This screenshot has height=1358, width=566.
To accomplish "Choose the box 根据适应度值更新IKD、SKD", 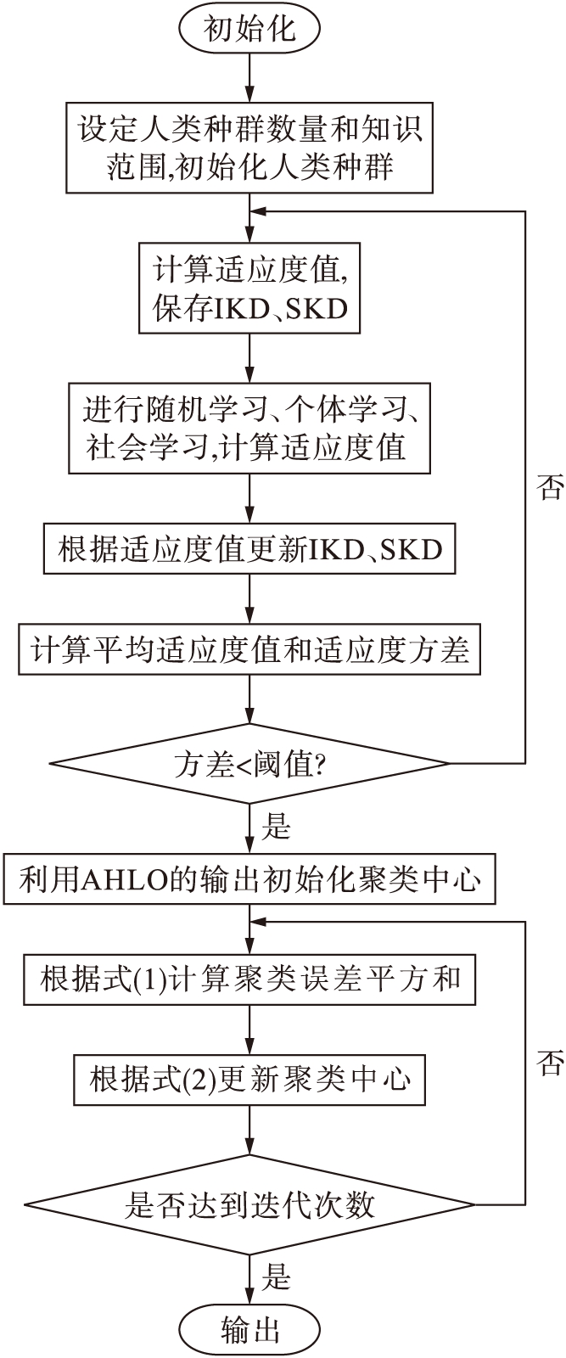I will point(249,549).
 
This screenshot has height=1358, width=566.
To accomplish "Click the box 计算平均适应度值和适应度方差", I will point(249,650).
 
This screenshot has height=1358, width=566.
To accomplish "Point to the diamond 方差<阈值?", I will point(249,764).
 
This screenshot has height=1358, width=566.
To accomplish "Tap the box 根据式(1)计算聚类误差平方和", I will point(249,979).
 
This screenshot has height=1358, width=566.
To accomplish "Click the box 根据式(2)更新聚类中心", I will point(249,1079).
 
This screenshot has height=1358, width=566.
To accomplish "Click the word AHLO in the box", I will point(115,879).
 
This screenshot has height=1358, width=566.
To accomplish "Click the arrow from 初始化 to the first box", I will point(249,78).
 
